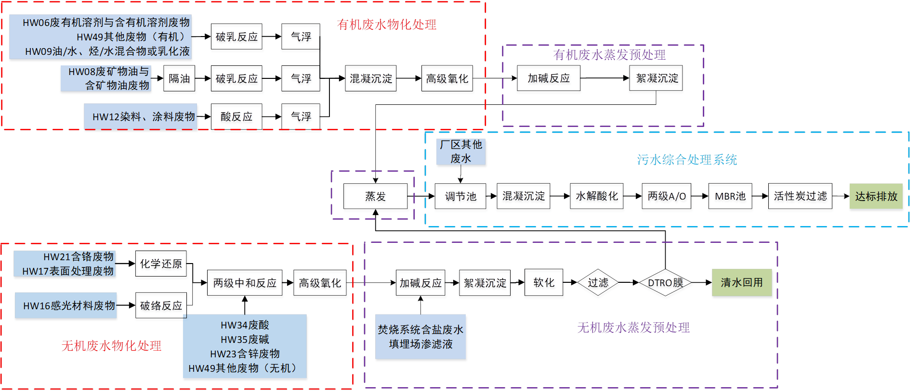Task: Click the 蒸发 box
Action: pos(375,197)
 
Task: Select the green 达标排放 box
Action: pos(876,196)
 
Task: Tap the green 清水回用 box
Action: pos(742,283)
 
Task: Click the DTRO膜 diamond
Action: pos(665,283)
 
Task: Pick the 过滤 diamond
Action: pos(598,283)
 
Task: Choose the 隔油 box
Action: pos(179,78)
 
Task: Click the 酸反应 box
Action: pos(237,117)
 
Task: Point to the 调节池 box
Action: pos(460,197)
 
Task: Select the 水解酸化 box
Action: pos(596,196)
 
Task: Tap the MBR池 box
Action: pos(730,196)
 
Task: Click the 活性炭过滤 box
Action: pos(800,196)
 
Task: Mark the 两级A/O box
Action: pos(667,196)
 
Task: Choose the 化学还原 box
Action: pos(161,264)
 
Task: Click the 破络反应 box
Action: pos(161,306)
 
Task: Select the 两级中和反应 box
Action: pos(245,283)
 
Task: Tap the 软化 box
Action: pos(544,283)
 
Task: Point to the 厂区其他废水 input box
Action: pos(461,151)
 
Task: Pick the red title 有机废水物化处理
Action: pos(387,25)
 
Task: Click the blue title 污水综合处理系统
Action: pos(687,160)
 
